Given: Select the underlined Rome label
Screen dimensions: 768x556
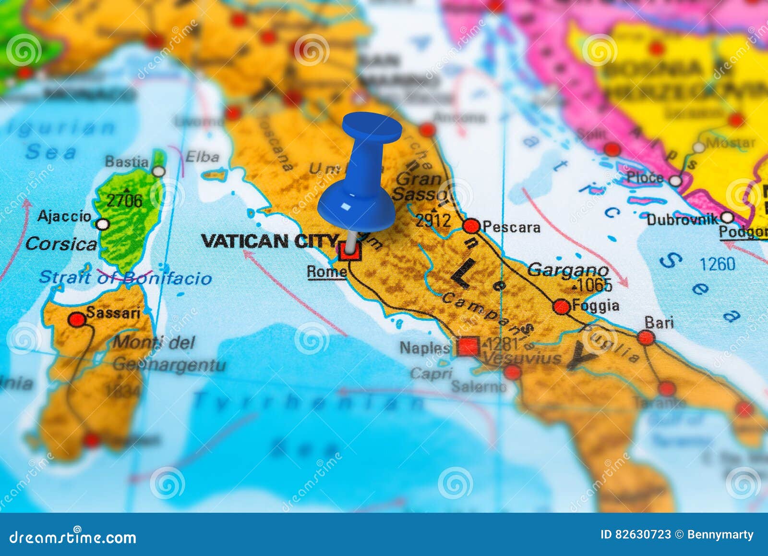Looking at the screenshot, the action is [x=326, y=272].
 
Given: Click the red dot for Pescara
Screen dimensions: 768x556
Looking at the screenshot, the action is [x=471, y=226].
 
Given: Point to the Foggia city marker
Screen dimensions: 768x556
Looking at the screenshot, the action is [x=562, y=306].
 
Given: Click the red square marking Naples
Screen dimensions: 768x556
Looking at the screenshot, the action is [x=468, y=346].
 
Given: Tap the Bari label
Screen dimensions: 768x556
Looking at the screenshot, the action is [x=659, y=322].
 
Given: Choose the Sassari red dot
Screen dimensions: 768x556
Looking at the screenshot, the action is [x=77, y=319].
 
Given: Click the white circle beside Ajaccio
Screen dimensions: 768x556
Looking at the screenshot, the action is [x=103, y=224].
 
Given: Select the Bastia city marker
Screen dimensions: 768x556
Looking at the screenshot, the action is [x=158, y=172].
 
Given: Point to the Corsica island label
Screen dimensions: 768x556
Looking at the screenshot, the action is [x=61, y=244].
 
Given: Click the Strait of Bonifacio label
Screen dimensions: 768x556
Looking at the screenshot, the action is [x=125, y=278].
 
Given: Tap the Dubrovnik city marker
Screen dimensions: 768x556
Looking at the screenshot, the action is [x=727, y=218].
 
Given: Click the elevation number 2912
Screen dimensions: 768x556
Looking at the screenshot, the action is [x=433, y=221].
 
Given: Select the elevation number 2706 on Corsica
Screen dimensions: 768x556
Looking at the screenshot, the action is [x=124, y=200].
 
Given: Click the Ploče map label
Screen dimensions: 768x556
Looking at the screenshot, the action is [x=645, y=178].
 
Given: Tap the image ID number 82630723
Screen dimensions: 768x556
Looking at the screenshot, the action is [x=636, y=534].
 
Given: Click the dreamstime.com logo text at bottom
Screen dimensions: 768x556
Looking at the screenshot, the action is [x=73, y=537].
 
